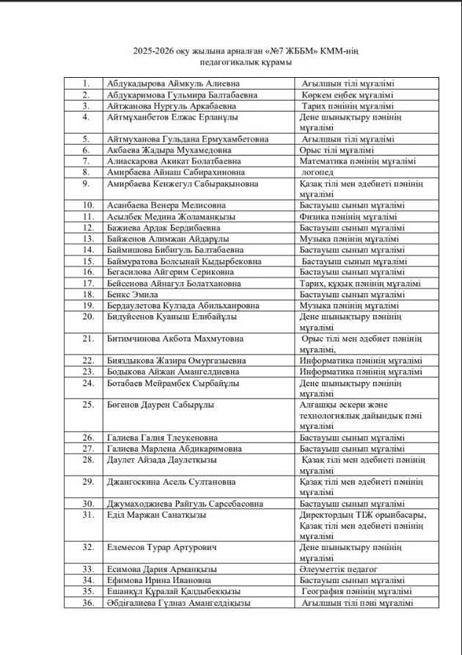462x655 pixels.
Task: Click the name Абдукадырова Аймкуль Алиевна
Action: click(168, 84)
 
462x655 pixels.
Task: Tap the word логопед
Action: click(318, 173)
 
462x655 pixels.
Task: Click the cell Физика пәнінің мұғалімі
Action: click(348, 217)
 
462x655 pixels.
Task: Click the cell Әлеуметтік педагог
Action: click(339, 569)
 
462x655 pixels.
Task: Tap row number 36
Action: click(87, 603)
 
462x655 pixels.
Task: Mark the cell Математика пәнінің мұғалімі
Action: click(358, 162)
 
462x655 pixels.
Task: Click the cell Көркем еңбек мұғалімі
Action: click(348, 95)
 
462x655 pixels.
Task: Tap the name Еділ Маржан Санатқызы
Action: click(156, 515)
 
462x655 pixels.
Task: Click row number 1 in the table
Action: click(87, 84)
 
